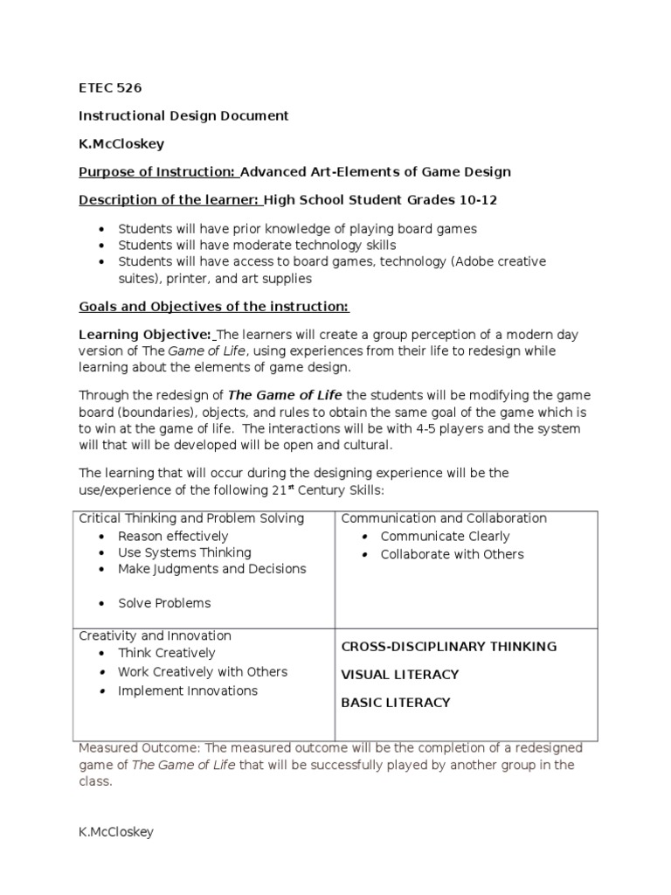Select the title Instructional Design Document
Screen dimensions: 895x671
point(183,116)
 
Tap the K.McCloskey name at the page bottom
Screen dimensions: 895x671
point(116,832)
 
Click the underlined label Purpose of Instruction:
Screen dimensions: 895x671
point(157,172)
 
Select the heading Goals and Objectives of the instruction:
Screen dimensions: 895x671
point(214,307)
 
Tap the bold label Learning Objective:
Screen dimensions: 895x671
point(145,335)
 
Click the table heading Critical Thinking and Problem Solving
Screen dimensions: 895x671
point(191,518)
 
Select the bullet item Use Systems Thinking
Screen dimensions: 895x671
point(184,552)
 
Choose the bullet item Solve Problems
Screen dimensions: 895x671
point(164,603)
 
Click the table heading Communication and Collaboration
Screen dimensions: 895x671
point(444,518)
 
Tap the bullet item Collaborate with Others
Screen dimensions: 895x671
point(452,554)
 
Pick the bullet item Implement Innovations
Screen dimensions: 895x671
point(188,690)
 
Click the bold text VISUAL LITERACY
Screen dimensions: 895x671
point(399,675)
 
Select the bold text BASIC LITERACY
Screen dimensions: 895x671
point(395,703)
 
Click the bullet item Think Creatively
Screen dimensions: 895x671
point(166,653)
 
